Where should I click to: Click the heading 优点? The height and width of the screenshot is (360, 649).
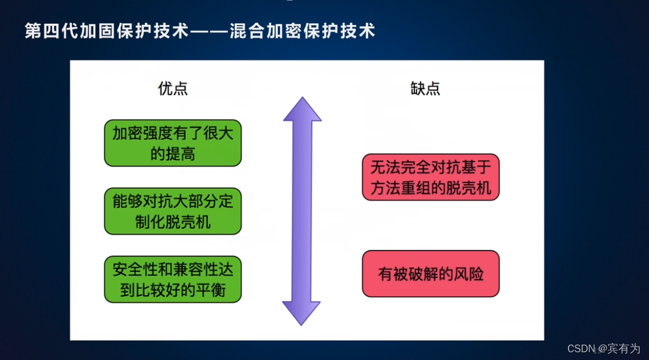[x=173, y=89]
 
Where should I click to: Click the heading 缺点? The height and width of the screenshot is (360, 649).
[x=425, y=89]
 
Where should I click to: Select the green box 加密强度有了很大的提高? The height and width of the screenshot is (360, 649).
[x=173, y=143]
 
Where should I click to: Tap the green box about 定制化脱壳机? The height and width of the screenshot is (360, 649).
[x=173, y=211]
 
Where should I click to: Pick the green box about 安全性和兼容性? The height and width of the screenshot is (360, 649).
[x=173, y=280]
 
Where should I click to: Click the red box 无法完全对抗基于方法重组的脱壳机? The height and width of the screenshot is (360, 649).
[x=430, y=177]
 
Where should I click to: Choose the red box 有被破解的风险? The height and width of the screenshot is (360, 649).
[x=430, y=274]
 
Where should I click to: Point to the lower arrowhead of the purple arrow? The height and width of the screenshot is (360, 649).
[x=302, y=313]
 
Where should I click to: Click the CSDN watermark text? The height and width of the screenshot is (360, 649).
[x=581, y=348]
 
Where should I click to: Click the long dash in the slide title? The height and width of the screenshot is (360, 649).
[x=209, y=31]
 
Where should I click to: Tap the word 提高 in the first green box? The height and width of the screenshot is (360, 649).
[x=180, y=154]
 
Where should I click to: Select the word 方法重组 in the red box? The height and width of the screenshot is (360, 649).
[x=400, y=188]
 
